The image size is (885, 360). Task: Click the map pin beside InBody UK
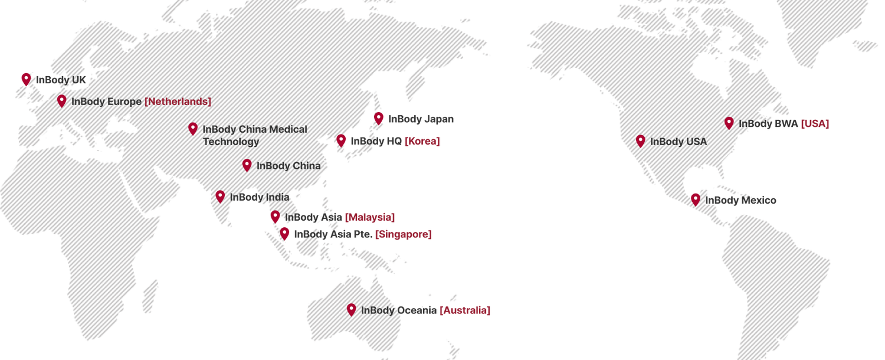tap(25, 78)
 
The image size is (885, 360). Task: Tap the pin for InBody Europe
tap(61, 101)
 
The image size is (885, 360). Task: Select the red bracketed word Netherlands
tap(178, 102)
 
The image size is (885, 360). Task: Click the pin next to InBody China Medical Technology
tap(193, 129)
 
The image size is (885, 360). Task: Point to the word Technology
tap(231, 142)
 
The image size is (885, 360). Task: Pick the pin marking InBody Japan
tap(379, 118)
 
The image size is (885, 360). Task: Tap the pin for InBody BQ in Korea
tap(342, 140)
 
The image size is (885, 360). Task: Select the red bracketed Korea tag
tap(422, 141)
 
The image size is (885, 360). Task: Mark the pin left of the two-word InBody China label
tap(247, 165)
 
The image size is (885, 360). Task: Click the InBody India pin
tap(220, 197)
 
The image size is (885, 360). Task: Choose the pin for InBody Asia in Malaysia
tap(275, 217)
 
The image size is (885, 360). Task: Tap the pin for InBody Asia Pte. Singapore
tap(285, 234)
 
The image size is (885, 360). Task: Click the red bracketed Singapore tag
tap(403, 234)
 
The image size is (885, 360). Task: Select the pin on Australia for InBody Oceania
tap(351, 309)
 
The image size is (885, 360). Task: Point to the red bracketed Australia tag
tap(464, 310)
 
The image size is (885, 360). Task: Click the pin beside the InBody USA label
tap(640, 141)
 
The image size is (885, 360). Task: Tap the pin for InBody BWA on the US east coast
tap(729, 123)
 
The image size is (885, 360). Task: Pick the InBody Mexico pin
tap(695, 199)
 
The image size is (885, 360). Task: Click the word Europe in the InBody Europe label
tap(124, 102)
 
